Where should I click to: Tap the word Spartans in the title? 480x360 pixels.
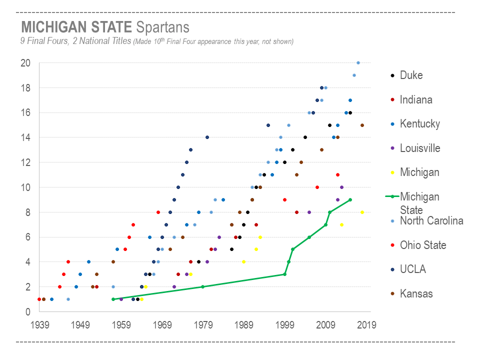(163, 26)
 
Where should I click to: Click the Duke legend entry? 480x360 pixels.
(411, 75)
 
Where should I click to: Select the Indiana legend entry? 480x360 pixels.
(416, 100)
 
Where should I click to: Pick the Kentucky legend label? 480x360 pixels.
(419, 124)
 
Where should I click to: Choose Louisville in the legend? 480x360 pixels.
(420, 148)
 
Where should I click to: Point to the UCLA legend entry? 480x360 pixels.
(413, 269)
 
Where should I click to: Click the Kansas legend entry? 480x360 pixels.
(416, 293)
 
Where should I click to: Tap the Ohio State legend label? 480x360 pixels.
(423, 245)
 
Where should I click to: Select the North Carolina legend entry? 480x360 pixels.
(431, 221)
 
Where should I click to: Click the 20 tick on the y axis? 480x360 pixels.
(25, 63)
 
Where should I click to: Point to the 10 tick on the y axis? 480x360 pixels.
(25, 187)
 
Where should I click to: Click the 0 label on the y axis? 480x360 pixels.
(28, 312)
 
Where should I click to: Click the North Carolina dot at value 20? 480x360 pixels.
(358, 63)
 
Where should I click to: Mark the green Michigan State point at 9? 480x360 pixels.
(350, 200)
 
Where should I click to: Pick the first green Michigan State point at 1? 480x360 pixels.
(113, 299)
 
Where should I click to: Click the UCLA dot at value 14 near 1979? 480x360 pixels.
(207, 137)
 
